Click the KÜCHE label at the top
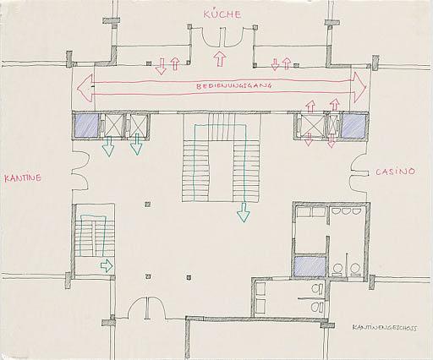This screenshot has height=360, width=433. coord(222,14)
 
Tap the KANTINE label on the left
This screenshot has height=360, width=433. coord(23,178)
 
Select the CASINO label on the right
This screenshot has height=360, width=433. coord(395,172)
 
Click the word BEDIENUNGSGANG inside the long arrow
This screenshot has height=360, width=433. coord(234,86)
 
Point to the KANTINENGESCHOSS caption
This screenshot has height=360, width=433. coord(385,328)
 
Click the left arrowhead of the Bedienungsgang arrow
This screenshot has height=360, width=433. coord(85,88)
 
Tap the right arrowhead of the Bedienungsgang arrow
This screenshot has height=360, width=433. coord(359,87)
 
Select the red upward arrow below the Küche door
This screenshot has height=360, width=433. coord(220,58)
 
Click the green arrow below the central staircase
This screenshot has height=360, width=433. coord(244,213)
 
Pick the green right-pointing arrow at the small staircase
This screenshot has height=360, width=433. coord(107,265)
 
